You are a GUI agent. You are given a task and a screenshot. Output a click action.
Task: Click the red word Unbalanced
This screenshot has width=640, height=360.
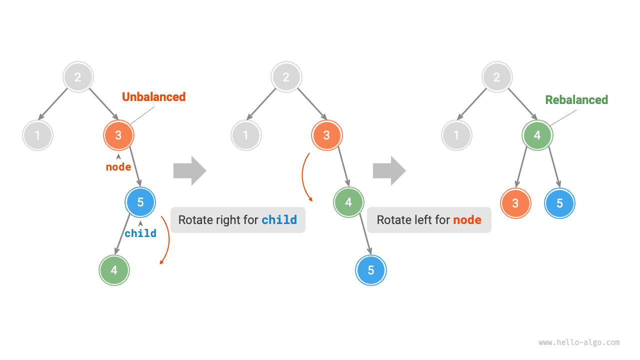153,97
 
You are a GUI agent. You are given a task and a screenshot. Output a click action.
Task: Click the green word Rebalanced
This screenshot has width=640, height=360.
576,100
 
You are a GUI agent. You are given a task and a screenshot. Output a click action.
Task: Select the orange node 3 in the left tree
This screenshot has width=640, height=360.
118,135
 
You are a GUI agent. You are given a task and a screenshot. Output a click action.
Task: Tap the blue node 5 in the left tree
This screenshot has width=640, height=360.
140,202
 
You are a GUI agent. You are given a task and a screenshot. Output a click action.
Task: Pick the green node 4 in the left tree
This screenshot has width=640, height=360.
114,270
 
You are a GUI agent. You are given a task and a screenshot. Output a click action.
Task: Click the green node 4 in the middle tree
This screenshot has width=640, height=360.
348,202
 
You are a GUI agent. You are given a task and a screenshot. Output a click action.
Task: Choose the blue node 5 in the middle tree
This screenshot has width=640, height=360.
371,270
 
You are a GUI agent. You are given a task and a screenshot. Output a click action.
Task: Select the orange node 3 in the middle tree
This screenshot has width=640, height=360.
326,135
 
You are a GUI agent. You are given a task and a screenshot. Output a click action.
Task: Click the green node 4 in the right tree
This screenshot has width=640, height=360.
537,135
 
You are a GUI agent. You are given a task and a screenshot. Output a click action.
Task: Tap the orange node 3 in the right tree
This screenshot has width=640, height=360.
515,203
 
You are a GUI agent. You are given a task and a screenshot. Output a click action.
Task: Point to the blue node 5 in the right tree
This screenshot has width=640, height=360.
559,203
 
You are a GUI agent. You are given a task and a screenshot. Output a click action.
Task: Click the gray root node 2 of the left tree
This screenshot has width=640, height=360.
78,77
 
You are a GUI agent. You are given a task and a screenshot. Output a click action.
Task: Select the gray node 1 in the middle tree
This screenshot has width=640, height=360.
245,135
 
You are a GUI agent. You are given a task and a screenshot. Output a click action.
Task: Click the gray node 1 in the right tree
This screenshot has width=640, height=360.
456,135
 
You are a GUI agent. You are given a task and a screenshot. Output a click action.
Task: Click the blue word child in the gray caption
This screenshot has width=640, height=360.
279,220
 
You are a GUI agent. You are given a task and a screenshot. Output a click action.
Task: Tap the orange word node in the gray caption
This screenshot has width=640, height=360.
467,220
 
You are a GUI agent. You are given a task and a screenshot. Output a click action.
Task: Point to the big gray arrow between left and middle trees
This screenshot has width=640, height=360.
189,170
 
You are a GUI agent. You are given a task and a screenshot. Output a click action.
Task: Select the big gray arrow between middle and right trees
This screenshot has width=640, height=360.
389,170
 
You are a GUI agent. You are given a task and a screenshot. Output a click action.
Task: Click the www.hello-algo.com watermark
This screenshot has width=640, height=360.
579,342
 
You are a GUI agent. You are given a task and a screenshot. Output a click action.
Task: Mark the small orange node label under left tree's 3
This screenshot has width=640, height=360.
118,167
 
